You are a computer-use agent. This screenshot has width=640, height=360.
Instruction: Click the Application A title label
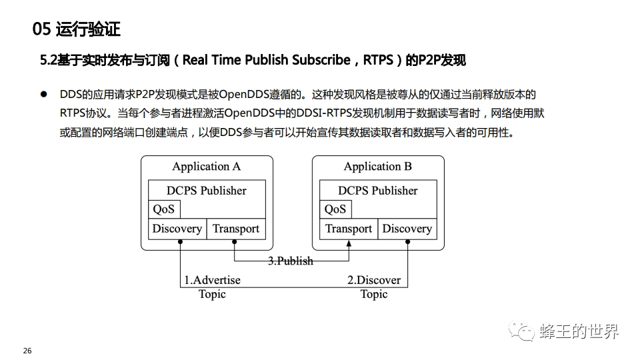point(206,167)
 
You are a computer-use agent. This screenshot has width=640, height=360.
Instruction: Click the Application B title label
point(377,167)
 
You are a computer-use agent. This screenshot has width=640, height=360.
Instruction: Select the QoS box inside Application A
point(163,209)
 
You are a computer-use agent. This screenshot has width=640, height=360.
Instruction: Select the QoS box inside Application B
point(335,209)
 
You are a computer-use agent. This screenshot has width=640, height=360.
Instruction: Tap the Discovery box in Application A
point(177,229)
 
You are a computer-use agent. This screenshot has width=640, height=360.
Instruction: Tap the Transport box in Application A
point(236,229)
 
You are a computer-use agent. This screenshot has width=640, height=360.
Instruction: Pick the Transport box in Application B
point(349,229)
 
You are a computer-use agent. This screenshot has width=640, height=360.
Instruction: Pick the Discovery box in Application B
point(407,229)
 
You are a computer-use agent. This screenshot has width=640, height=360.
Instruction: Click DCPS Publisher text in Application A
point(207,191)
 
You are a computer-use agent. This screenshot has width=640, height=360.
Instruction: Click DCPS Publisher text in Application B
point(378,191)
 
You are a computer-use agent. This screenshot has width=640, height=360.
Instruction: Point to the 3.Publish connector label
point(291,261)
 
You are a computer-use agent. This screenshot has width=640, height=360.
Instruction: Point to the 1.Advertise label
point(212,280)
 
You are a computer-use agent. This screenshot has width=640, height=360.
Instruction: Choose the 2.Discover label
point(374,280)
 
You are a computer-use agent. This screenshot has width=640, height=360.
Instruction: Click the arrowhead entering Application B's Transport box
point(348,244)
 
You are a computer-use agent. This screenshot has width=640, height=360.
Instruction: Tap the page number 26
point(27,351)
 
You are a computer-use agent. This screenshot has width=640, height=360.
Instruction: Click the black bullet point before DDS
point(44,95)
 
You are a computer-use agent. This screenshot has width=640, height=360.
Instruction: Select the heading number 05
point(42,29)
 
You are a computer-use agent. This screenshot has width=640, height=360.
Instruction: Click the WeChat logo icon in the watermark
point(522,331)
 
